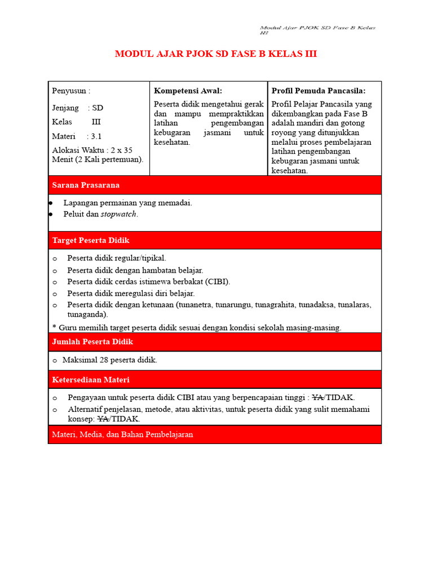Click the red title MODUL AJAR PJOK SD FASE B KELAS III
tap(216, 54)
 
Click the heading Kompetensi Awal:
tap(188, 91)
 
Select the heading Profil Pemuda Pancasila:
tap(319, 91)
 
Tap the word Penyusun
tap(69, 91)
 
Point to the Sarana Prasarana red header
tap(86, 185)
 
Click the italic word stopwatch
tap(118, 214)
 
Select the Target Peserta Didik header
tap(91, 240)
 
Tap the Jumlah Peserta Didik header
tap(92, 342)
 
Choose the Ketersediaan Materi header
tap(91, 380)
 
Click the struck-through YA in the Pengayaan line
tap(317, 397)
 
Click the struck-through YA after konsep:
tap(103, 419)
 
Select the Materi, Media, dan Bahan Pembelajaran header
tap(122, 434)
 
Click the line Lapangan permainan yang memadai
tap(127, 203)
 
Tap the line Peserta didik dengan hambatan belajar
tap(135, 270)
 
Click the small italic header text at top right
tap(317, 29)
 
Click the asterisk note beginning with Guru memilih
tap(197, 327)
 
